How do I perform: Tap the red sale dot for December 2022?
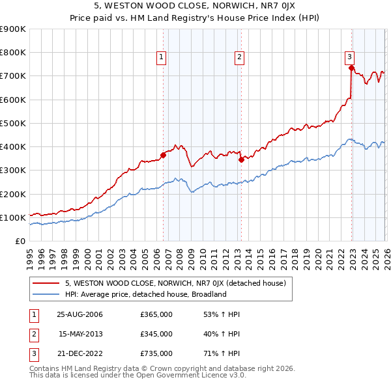[351, 67]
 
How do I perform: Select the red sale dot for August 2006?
[163, 155]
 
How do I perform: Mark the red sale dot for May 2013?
[240, 159]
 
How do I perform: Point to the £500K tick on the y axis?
[13, 123]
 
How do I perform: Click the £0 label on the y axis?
[20, 241]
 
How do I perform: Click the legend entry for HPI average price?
[145, 294]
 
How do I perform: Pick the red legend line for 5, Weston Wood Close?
[47, 283]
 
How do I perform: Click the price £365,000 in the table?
[156, 314]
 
